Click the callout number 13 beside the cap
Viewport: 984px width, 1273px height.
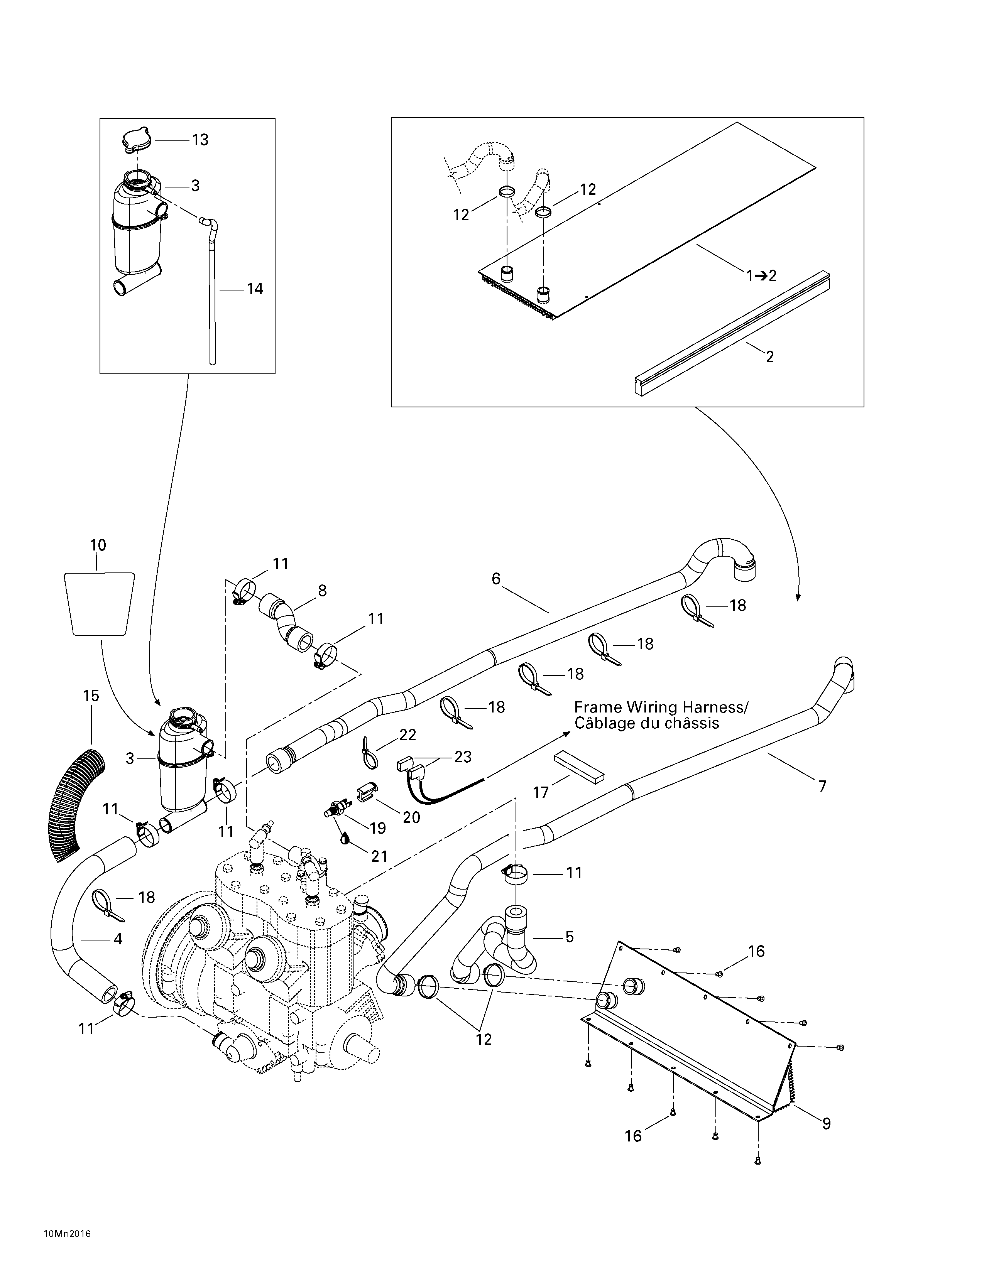200,140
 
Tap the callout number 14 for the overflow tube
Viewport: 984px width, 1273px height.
255,289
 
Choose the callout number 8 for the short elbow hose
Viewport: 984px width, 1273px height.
322,591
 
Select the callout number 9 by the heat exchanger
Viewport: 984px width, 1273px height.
826,1123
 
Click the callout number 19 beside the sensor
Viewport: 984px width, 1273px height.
378,828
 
